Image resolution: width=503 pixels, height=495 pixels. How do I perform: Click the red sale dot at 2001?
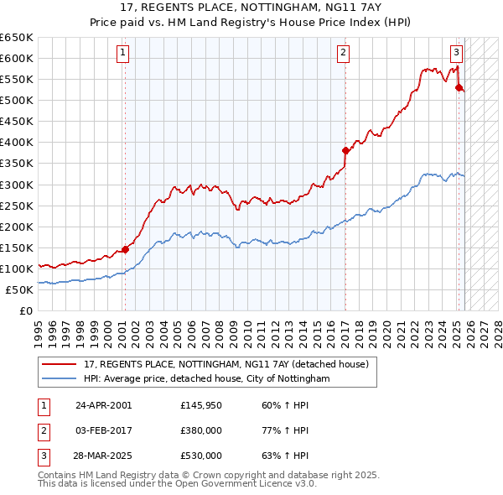[x=125, y=248]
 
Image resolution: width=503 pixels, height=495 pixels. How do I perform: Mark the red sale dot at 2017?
[x=345, y=150]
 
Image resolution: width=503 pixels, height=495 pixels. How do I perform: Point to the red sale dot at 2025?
[x=459, y=87]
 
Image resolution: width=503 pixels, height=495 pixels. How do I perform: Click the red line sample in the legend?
[x=60, y=365]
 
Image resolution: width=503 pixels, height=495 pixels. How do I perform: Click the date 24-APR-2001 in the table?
[x=103, y=405]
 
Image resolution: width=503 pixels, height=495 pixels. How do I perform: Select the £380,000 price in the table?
[x=201, y=430]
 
